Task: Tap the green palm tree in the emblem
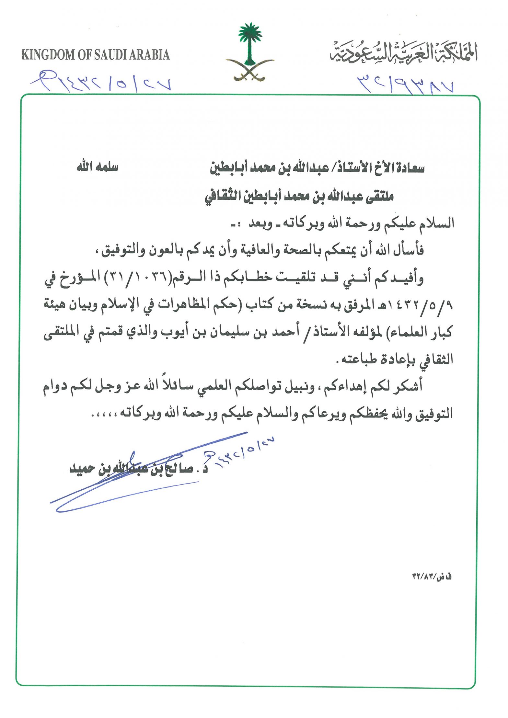tap(250, 42)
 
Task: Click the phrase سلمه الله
tap(97, 167)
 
